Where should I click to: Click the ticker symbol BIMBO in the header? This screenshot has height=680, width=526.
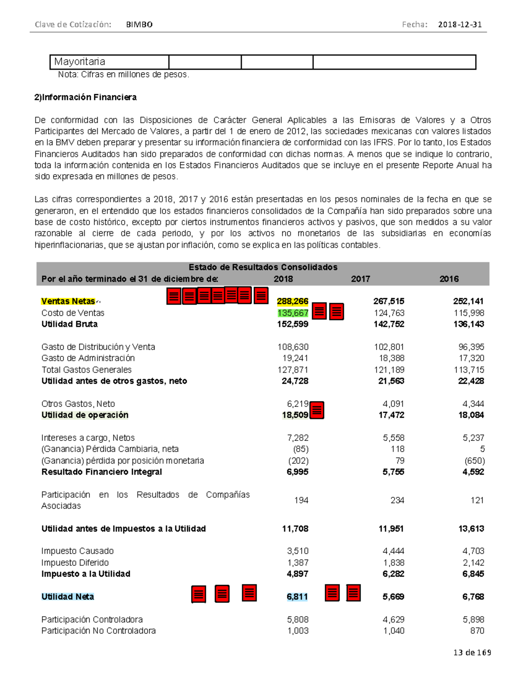pos(139,25)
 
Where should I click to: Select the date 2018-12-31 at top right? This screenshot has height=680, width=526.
pos(460,25)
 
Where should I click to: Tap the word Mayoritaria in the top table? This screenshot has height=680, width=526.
pos(79,62)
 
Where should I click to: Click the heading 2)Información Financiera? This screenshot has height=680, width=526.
pos(85,97)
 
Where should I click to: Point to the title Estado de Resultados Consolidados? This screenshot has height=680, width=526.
pos(263,267)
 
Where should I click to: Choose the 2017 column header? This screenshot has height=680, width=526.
pos(360,279)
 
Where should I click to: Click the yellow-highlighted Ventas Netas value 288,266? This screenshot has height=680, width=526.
pos(292,301)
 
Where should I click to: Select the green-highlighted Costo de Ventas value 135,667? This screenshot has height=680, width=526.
pos(293,313)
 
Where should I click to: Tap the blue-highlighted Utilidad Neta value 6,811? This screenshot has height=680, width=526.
pos(297,596)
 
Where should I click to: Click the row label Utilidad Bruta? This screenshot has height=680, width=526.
pos(69,324)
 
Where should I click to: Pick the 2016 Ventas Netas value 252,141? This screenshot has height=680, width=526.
pos(468,301)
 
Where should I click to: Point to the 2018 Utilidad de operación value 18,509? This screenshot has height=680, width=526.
pos(295,415)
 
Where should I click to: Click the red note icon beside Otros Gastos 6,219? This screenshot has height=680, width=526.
pos(317,410)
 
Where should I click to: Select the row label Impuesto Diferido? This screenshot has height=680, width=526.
pos(75,563)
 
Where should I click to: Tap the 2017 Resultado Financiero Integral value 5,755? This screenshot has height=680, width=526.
pos(393,472)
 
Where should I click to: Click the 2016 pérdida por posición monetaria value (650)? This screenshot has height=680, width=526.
pos(474,461)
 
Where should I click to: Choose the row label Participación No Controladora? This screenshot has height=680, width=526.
pos(99,631)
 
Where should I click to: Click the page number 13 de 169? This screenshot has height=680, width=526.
pos(472,652)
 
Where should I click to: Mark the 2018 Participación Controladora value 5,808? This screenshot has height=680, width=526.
pos(298,620)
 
